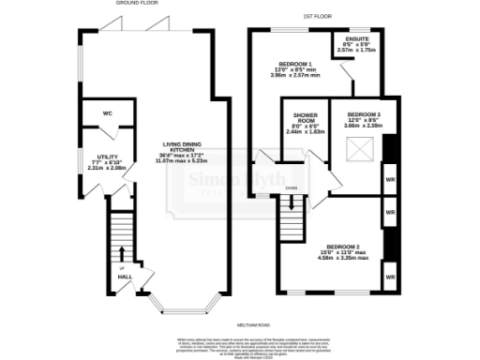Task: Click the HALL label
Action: (124, 277)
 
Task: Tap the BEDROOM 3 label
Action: (364, 114)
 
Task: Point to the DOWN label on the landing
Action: (292, 187)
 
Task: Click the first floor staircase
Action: (292, 217)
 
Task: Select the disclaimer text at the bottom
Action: (240, 345)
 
